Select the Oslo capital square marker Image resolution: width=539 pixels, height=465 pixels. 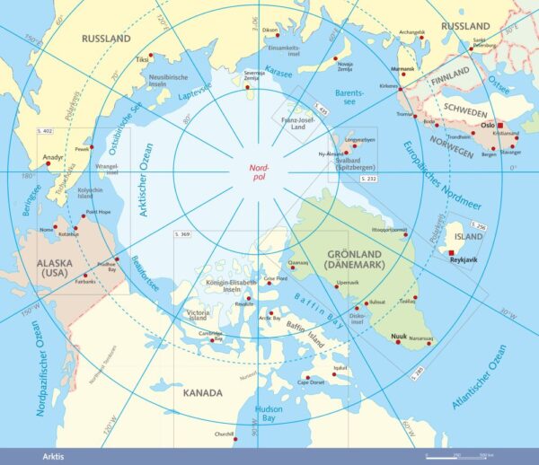(x=501, y=127)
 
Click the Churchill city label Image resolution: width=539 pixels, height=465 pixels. (x=223, y=435)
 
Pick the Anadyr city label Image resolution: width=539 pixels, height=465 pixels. (x=53, y=158)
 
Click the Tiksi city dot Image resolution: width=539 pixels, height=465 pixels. (x=151, y=55)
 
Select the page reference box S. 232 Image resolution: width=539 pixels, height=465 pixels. (x=368, y=180)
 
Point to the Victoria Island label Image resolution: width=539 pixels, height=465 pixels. (x=198, y=315)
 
